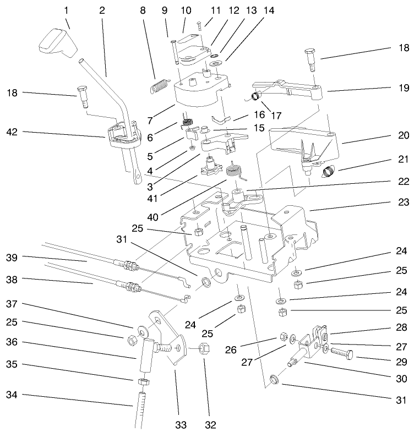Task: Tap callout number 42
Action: [x=13, y=132]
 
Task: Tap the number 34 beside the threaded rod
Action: [x=13, y=395]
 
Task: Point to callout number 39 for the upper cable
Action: [x=13, y=258]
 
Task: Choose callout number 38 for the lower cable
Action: [x=13, y=280]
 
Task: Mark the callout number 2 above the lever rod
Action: [x=102, y=10]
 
